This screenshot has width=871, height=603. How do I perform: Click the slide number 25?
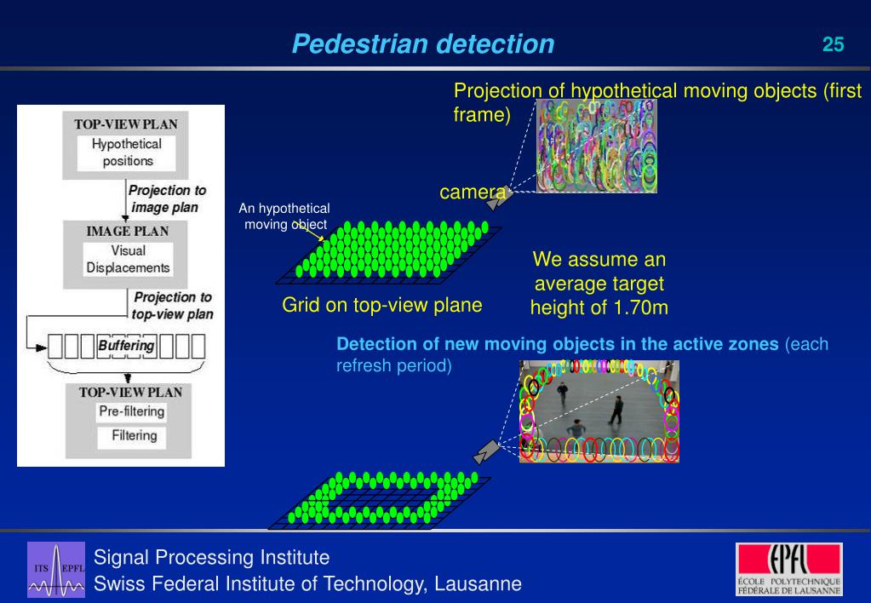pos(833,44)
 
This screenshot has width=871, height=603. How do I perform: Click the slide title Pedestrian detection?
pos(422,44)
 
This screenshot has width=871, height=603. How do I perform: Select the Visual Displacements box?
pos(128,259)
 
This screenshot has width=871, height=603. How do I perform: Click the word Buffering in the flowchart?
pos(127,346)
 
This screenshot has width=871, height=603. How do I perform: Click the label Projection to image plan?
pos(167,198)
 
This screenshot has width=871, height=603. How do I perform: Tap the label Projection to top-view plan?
pos(171,305)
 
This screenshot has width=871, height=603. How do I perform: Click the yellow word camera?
pos(467,192)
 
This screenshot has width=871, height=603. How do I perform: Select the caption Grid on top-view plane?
pos(382,305)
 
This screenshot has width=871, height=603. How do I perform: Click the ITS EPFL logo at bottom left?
pos(56,567)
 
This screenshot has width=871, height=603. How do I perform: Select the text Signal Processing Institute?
pos(211,558)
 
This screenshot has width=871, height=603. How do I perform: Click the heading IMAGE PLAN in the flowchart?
pos(127,231)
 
